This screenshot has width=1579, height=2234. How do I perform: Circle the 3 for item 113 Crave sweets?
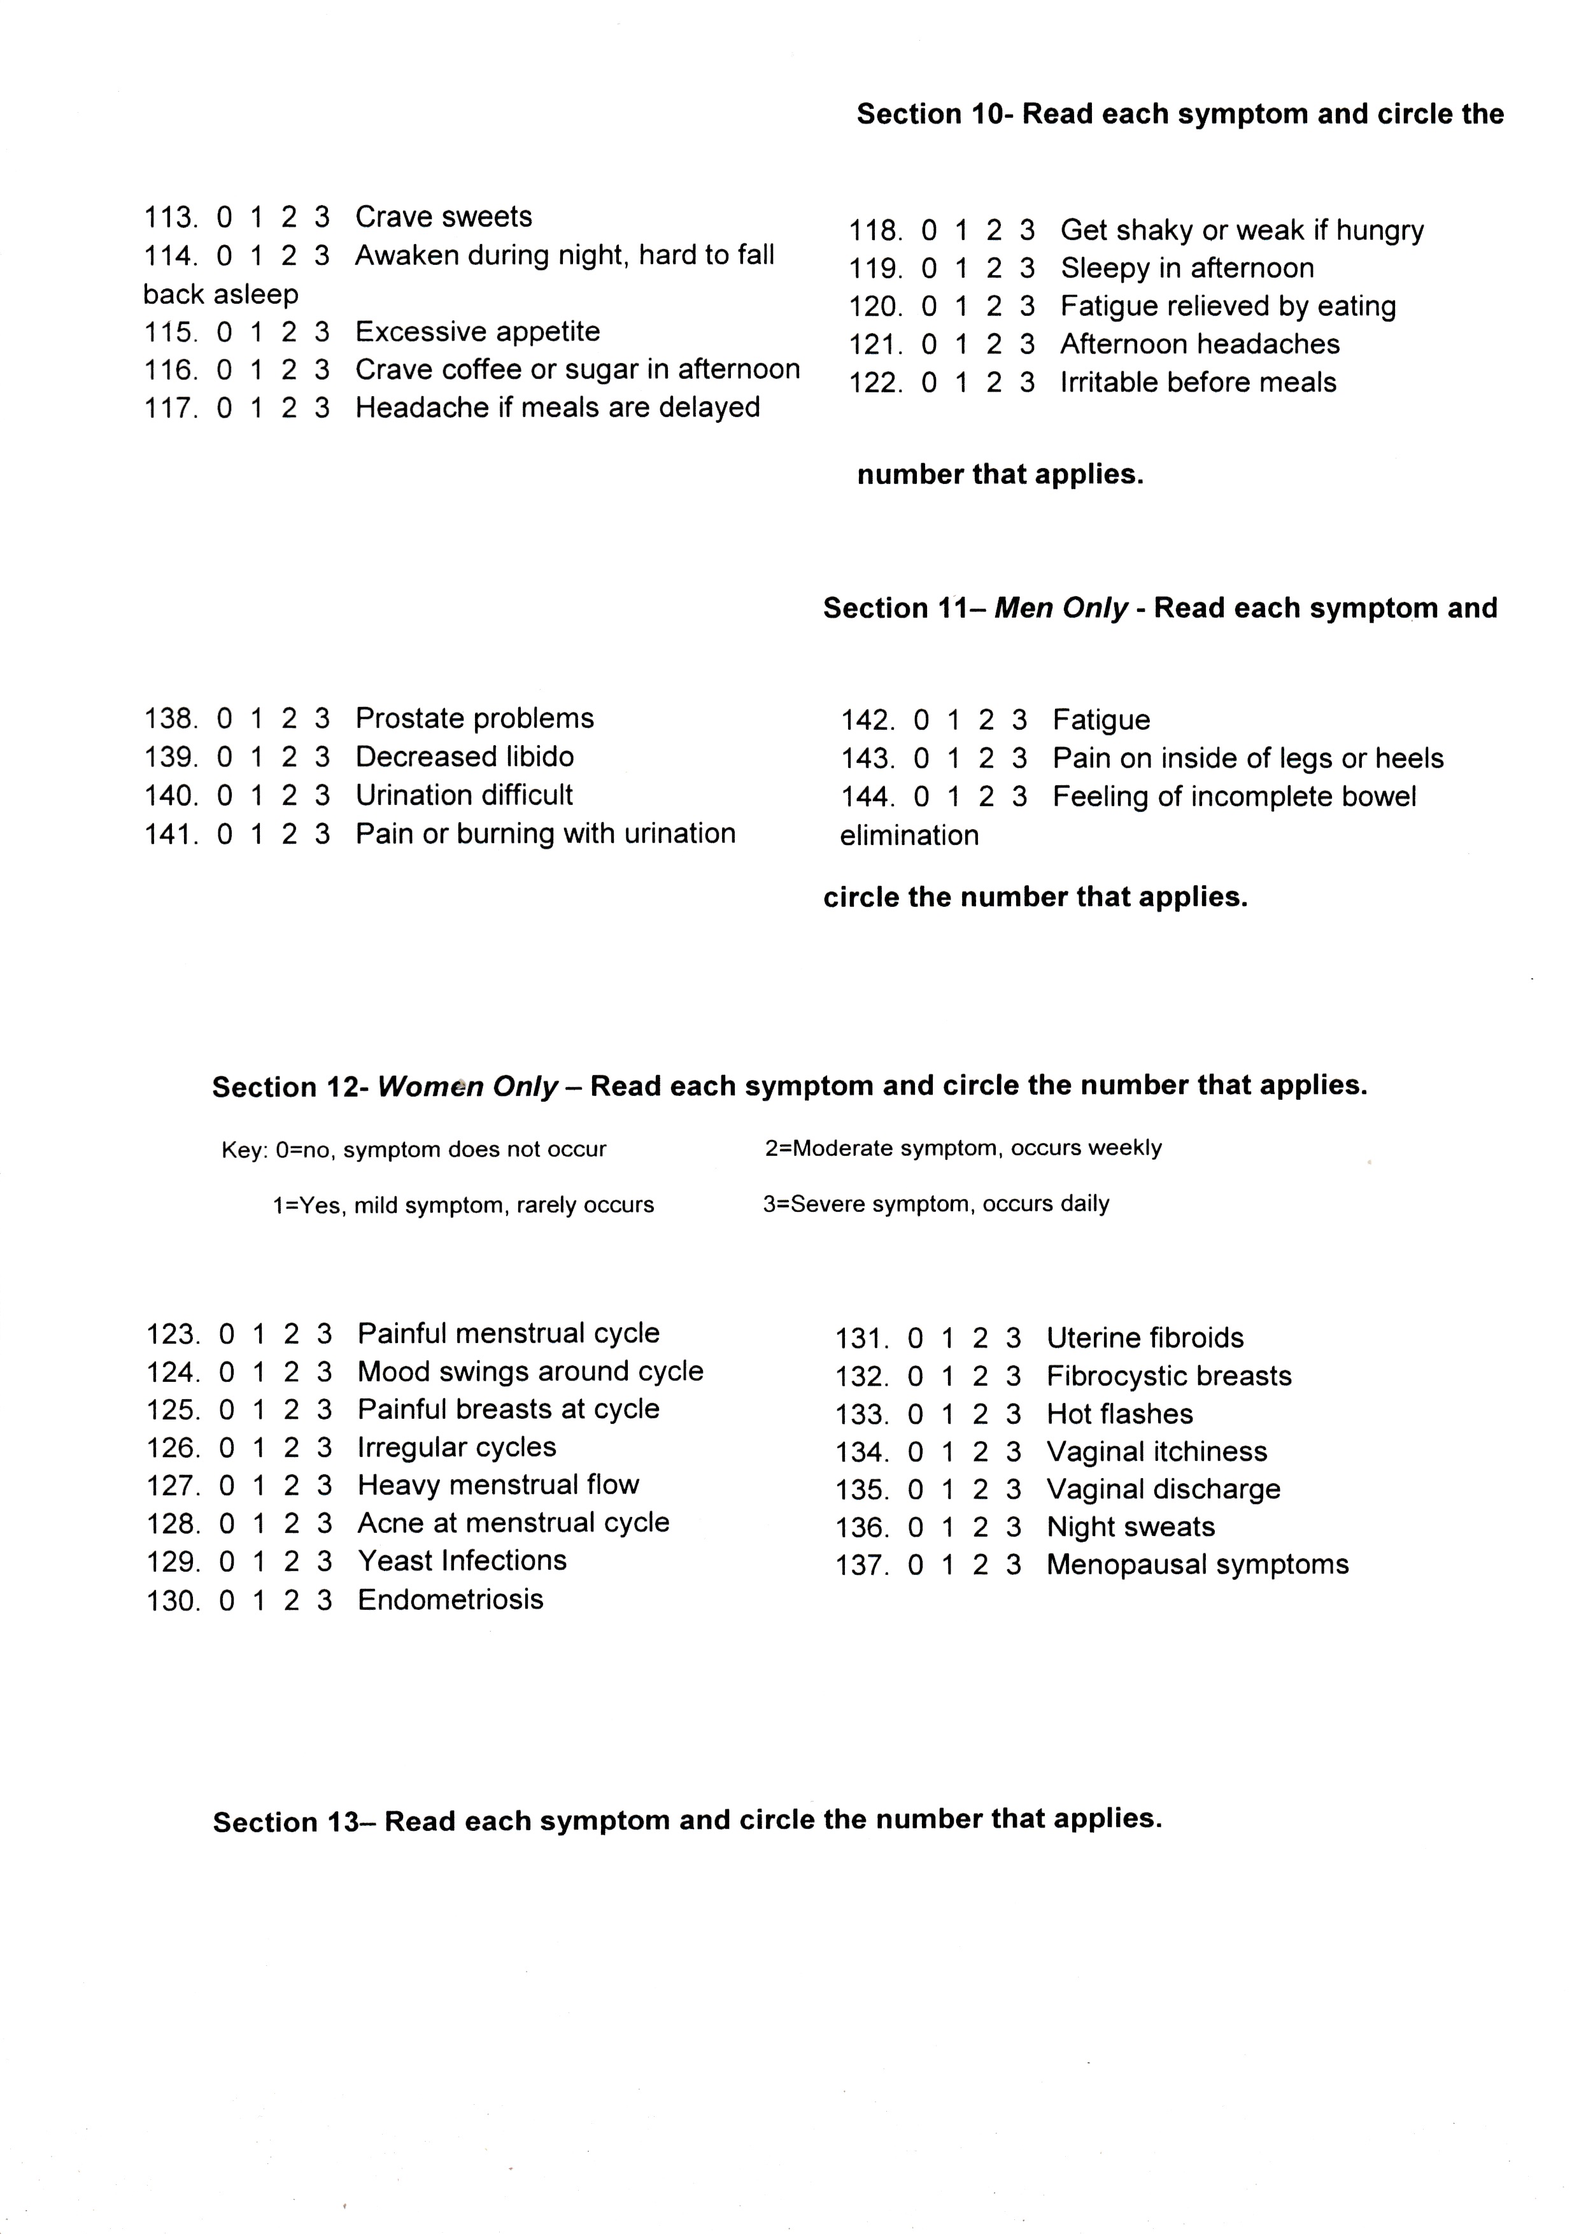[322, 217]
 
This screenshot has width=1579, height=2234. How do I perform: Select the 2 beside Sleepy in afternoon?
[993, 269]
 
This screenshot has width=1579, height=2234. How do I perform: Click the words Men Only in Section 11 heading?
[1061, 608]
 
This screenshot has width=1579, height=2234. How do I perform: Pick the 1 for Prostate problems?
[257, 719]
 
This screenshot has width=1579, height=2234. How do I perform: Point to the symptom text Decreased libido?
[464, 757]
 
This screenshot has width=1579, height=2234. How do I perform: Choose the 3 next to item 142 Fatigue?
[1019, 721]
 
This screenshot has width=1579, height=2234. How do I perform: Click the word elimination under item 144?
[909, 836]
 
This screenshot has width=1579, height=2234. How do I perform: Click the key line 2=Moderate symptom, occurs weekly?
[963, 1148]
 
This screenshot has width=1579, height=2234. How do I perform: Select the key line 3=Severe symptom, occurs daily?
[936, 1204]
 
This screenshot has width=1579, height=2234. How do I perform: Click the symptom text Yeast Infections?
[462, 1561]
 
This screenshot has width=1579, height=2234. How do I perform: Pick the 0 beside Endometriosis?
[227, 1600]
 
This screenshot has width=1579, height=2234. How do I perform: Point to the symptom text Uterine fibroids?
[1145, 1339]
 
